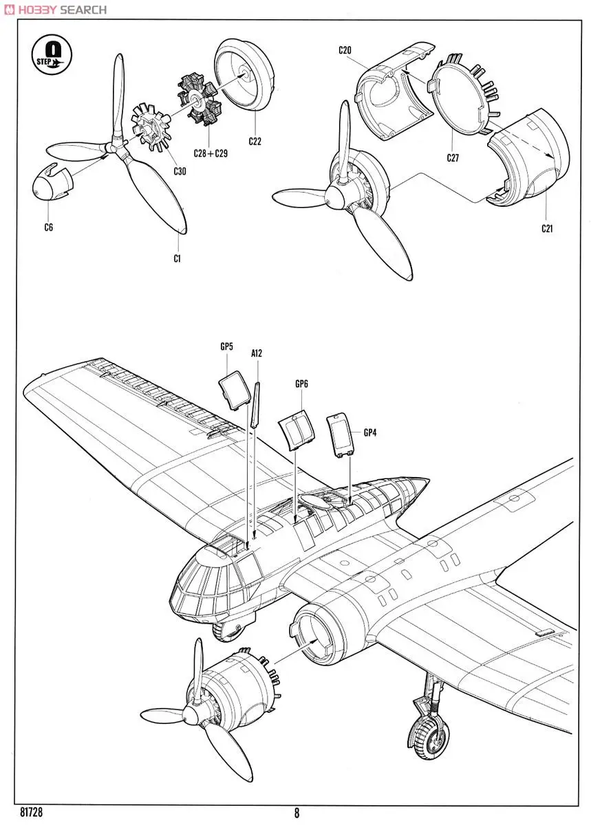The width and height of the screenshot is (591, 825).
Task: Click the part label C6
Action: (x=48, y=228)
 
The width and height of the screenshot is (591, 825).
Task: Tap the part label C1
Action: (x=177, y=258)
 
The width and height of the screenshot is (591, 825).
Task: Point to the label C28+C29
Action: (x=211, y=153)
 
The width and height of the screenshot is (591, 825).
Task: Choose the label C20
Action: (x=345, y=50)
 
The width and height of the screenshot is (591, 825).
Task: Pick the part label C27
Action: (x=452, y=157)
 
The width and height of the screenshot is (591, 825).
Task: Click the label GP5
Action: (x=226, y=347)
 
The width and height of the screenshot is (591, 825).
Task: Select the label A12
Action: (x=257, y=353)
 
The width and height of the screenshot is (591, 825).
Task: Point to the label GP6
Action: (x=301, y=384)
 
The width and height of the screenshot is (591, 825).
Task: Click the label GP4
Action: (x=370, y=432)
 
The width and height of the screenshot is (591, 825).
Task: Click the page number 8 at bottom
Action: (x=297, y=813)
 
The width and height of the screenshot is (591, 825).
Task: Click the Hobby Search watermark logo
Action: (x=54, y=9)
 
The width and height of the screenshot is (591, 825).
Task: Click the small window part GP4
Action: (x=340, y=434)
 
